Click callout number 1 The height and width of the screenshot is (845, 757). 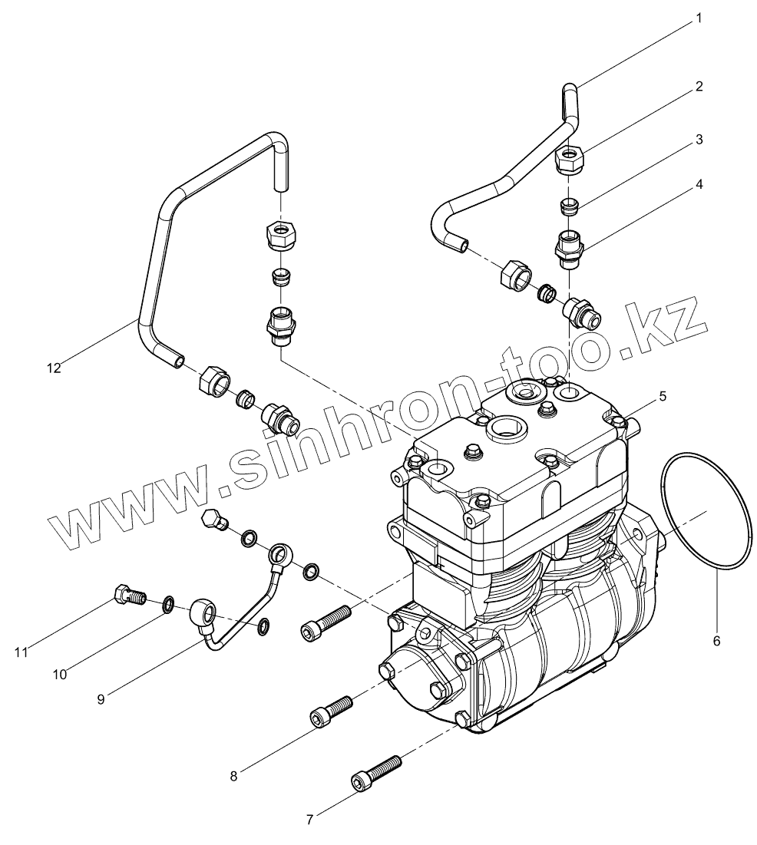(x=698, y=17)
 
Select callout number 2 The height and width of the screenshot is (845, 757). (x=699, y=86)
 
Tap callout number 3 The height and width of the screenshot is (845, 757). (x=699, y=140)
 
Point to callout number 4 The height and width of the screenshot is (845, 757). (x=699, y=184)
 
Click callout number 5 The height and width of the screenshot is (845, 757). (x=662, y=396)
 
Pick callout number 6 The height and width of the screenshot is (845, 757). (x=716, y=639)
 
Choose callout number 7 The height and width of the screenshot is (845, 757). (x=309, y=820)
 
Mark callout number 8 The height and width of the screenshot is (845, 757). (x=233, y=775)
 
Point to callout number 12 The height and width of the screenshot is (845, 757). (x=52, y=368)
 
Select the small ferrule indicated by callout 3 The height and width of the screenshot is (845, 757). (x=569, y=206)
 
